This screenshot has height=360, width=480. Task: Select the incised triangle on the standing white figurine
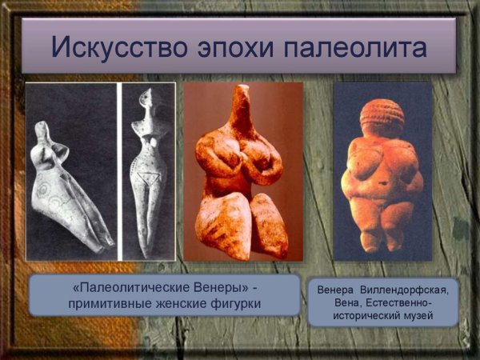click(146, 177)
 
